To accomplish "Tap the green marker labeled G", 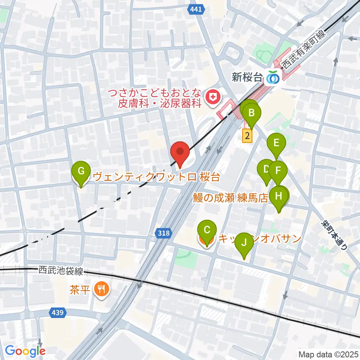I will click(81, 172).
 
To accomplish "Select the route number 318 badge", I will click(163, 234).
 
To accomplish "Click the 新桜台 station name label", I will click(247, 78).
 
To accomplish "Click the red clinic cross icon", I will click(212, 97).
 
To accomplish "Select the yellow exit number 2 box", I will click(247, 135).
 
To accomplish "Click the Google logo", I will click(25, 351).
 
